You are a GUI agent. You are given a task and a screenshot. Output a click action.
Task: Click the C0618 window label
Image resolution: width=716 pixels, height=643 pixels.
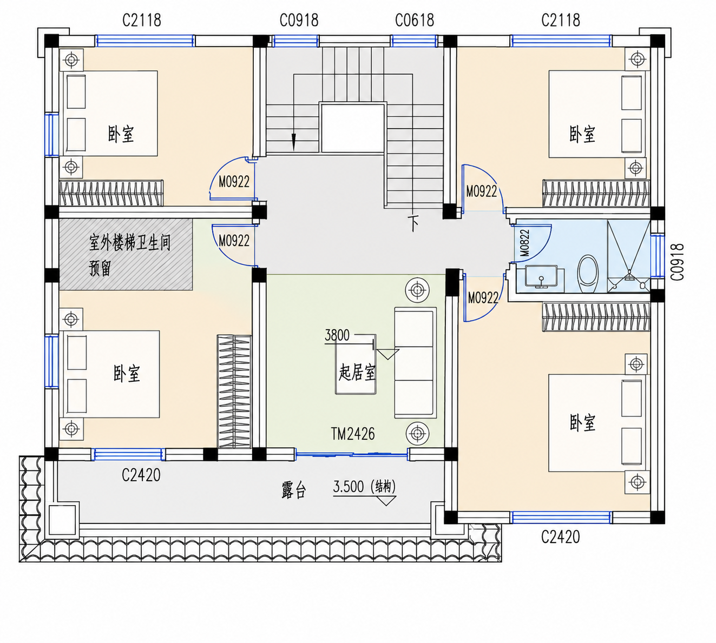coord(415,21)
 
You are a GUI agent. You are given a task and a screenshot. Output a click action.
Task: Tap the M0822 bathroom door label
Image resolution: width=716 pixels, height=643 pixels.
coord(524,243)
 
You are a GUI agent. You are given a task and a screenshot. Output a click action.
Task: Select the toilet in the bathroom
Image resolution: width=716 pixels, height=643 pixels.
coord(588,273)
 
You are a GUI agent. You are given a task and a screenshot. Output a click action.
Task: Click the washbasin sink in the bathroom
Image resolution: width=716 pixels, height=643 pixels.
coord(541,276)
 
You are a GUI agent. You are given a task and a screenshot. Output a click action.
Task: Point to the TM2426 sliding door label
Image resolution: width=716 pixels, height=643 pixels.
coord(353,434)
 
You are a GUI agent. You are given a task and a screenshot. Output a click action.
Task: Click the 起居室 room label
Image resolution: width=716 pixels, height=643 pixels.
coord(357,373)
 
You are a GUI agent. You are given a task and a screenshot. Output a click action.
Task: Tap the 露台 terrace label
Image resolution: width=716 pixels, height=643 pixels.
coord(293,490)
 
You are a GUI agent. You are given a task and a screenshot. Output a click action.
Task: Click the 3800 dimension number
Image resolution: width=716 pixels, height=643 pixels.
coord(337,335)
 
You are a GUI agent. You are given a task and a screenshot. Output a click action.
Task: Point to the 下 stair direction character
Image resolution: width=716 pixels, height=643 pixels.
coord(413,223)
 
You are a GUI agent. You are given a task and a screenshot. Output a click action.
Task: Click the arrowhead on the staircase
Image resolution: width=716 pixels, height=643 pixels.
coord(294,142)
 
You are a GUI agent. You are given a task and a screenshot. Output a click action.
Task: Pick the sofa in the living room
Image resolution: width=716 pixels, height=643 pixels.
coord(415,362)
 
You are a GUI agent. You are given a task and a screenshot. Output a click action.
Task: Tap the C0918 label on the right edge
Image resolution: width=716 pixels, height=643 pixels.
coord(677,262)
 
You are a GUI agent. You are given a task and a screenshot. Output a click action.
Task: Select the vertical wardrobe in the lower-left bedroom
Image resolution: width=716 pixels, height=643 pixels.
coord(234,391)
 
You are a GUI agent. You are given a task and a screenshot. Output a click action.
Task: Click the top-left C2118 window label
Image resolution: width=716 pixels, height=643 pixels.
coord(142,21)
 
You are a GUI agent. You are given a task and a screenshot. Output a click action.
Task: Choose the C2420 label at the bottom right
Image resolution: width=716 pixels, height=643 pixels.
coord(560,537)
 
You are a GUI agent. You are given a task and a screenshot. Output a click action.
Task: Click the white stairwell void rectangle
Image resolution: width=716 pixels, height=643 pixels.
coord(353,129)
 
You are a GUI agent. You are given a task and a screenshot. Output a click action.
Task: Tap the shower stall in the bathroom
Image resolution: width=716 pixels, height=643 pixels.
coord(628,256)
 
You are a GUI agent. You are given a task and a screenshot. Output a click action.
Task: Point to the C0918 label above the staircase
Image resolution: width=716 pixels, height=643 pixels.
coord(299,21)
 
